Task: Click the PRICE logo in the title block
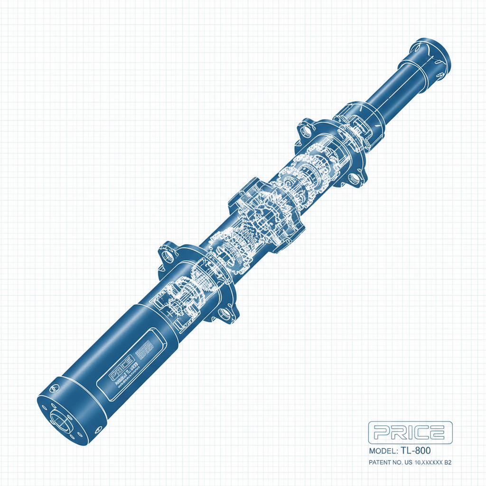click(x=410, y=432)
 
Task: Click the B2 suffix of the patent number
click(x=447, y=462)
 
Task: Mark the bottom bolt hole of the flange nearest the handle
click(x=222, y=314)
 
